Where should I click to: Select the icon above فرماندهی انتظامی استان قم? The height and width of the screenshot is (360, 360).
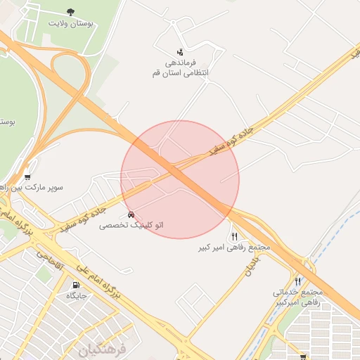pos(181,51)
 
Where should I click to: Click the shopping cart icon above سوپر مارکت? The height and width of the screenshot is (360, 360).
pos(27,177)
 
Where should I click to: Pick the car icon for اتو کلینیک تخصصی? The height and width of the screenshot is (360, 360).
pos(131,214)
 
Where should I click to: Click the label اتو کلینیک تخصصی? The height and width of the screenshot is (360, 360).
pos(131,225)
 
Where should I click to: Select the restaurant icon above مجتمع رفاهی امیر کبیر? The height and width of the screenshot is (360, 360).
pos(234,237)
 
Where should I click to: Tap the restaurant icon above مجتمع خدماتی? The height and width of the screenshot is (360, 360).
pos(297,281)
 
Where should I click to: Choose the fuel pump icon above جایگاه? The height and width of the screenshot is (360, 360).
pos(76,285)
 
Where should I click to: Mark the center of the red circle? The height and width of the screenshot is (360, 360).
pos(180,179)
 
